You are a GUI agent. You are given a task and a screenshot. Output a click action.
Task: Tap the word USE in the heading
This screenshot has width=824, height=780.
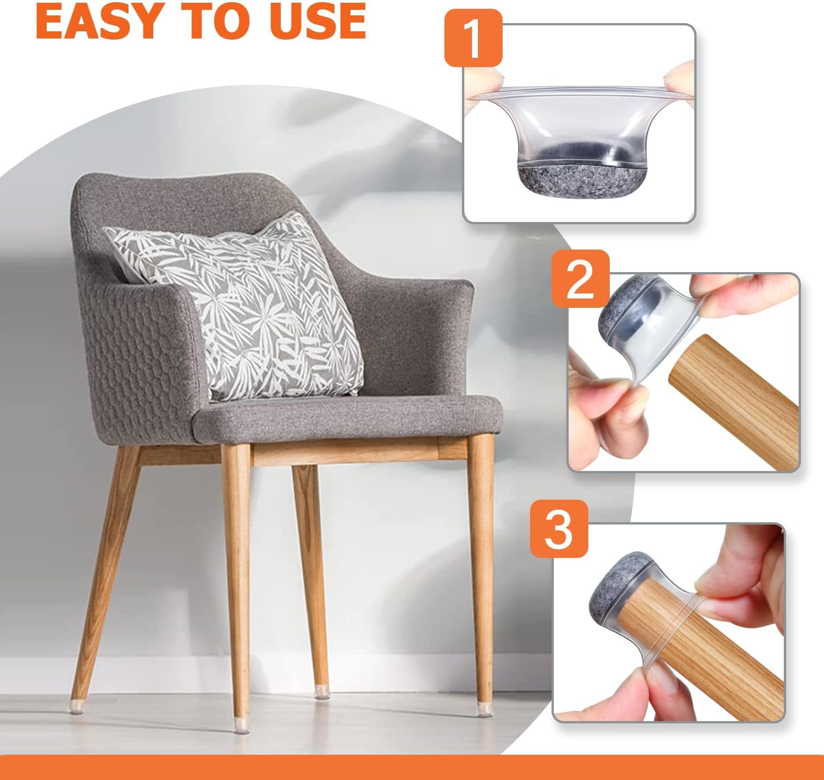pyautogui.click(x=318, y=20)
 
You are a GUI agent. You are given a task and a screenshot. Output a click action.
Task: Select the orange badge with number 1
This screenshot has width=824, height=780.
pyautogui.click(x=474, y=38)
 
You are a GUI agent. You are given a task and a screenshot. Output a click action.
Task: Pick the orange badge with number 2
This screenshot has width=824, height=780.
pyautogui.click(x=580, y=279)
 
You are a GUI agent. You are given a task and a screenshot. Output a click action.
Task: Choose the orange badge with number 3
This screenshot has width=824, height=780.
pyautogui.click(x=559, y=529)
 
